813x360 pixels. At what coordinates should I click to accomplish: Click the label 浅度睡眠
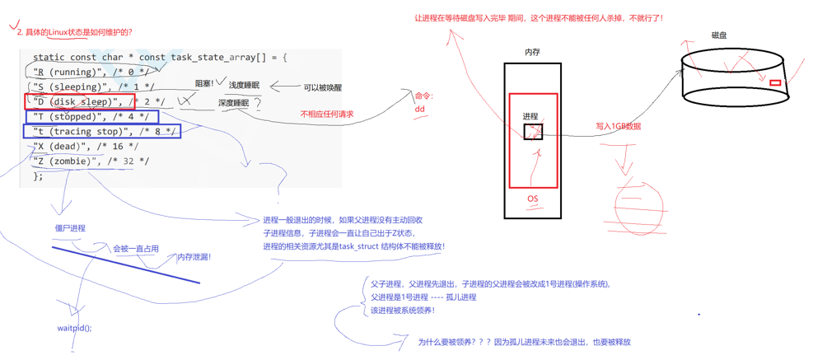tap(244, 86)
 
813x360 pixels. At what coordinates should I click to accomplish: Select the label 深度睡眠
tap(233, 104)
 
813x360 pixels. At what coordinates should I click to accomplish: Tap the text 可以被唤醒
tap(322, 87)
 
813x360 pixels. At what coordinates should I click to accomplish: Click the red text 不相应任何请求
tap(327, 115)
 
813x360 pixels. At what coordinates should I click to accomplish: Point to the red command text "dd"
tap(420, 109)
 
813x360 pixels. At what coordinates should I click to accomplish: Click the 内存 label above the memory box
tap(532, 52)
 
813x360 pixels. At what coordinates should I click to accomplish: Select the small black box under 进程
tap(533, 131)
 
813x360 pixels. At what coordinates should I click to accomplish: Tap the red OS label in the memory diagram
tap(532, 199)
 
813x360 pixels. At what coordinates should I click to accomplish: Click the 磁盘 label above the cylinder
tap(719, 35)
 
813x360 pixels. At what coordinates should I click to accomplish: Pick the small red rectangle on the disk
tap(774, 83)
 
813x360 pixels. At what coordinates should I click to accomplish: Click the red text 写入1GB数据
tap(618, 127)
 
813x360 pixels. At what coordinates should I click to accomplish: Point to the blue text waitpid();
tap(74, 328)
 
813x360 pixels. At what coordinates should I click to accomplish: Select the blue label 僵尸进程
tap(70, 228)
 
